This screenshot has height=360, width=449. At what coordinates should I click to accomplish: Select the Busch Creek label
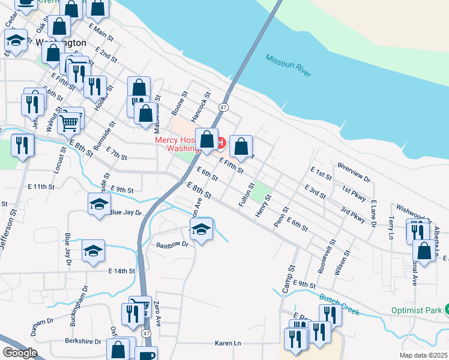tap(339, 304)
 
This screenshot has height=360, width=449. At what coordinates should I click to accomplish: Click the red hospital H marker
tap(221, 143)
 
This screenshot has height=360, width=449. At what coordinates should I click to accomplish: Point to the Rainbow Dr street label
tap(172, 245)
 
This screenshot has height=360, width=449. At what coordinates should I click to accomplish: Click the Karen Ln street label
tap(228, 343)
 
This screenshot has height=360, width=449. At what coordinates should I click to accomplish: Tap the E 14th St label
tap(122, 271)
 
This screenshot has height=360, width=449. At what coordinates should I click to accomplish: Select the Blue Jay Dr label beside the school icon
tap(125, 212)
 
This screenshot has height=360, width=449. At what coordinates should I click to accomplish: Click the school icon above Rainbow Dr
tap(202, 229)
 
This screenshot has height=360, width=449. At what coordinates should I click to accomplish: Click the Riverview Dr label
tap(355, 170)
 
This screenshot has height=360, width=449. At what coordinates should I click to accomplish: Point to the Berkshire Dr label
tap(83, 341)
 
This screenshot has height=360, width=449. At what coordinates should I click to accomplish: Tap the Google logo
tap(20, 352)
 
